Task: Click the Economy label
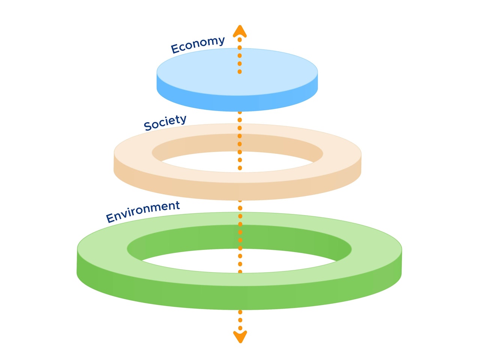point(198,44)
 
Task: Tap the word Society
point(165,123)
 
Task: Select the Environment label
point(143,211)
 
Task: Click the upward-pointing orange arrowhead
point(240,31)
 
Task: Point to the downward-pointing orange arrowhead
point(240,337)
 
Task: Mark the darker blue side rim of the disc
point(237,103)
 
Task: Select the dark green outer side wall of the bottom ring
point(240,298)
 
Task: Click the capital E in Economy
point(175,49)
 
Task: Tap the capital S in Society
point(148,126)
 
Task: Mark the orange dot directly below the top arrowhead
point(240,40)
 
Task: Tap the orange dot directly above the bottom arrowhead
point(240,328)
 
